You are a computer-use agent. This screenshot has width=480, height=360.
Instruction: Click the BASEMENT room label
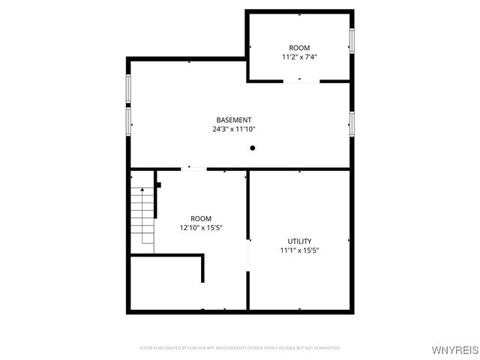233,120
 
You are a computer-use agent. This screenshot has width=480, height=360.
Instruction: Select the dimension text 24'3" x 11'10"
233,129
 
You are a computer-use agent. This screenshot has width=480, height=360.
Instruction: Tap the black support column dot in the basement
253,148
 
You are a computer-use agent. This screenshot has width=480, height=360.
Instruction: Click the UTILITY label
299,241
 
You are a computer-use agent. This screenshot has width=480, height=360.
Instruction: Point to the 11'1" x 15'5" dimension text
299,250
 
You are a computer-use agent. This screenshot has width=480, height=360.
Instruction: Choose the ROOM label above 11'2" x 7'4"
299,47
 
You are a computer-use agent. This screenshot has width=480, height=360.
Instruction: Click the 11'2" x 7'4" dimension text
299,56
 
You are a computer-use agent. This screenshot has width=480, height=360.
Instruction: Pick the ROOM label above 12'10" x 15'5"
200,218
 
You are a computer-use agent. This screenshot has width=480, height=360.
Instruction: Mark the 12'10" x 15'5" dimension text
200,227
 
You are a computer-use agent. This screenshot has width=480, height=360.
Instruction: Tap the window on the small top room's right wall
351,41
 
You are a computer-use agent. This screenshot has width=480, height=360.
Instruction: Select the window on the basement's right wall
351,124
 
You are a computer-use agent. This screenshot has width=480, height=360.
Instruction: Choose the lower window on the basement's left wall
128,121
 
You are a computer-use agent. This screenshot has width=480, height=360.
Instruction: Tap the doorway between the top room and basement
301,81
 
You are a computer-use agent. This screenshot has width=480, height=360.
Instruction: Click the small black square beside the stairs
158,184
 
